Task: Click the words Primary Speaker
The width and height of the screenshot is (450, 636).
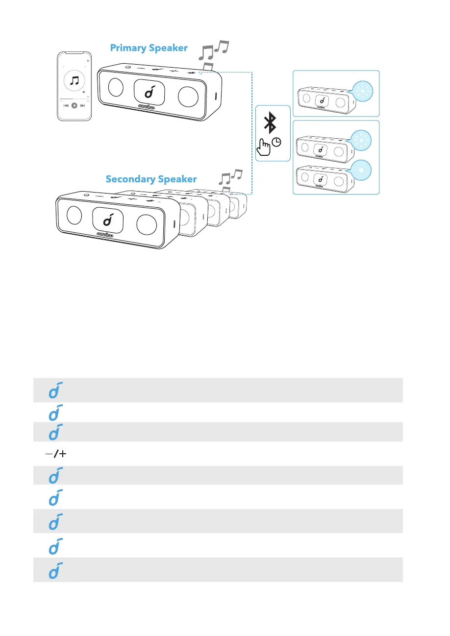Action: click(x=149, y=48)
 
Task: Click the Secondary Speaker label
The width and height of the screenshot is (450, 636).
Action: click(x=151, y=179)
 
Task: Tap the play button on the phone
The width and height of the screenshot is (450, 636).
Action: click(x=74, y=105)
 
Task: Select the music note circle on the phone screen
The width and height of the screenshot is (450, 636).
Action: click(x=74, y=80)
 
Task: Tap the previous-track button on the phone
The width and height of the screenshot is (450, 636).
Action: click(x=66, y=105)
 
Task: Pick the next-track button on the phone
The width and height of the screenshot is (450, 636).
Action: click(x=82, y=105)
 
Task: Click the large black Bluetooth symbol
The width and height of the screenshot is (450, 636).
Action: click(x=270, y=122)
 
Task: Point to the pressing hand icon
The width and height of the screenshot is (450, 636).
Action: click(x=265, y=147)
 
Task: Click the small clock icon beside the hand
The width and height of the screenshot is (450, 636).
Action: click(x=277, y=143)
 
